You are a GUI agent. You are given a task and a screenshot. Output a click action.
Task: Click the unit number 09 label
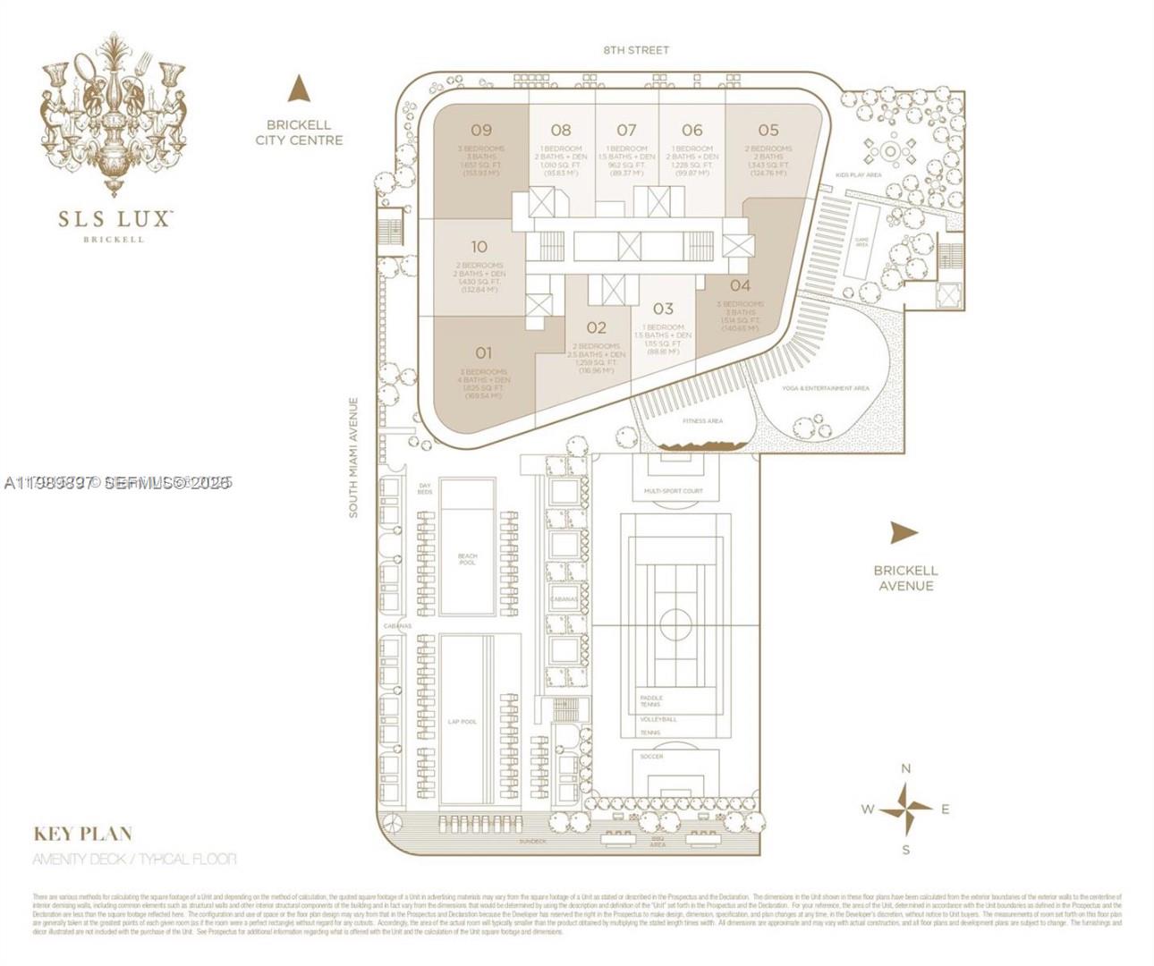(x=481, y=131)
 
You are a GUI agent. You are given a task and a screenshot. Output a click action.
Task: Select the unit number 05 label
(x=768, y=131)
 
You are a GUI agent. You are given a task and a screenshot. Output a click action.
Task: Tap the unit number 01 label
(x=483, y=353)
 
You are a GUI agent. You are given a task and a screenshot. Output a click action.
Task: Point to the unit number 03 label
(x=663, y=309)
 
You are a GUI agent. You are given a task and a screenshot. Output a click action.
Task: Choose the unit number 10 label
(x=479, y=247)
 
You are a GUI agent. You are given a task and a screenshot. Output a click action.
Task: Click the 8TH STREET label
(x=636, y=50)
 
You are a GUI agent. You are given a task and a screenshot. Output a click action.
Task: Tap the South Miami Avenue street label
(x=353, y=458)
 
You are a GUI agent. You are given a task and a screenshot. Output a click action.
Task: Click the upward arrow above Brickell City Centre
(x=299, y=89)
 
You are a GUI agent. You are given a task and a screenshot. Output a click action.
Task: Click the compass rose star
(x=905, y=809)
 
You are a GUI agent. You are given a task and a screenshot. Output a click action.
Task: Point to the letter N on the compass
(x=905, y=768)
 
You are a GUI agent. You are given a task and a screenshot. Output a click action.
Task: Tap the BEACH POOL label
(x=468, y=559)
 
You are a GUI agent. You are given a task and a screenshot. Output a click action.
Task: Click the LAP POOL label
(x=462, y=721)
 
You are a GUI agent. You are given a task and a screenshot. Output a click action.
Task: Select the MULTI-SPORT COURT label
(x=674, y=491)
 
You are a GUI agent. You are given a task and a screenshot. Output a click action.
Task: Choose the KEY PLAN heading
(x=82, y=834)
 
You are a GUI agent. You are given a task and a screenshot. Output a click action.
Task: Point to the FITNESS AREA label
(x=702, y=420)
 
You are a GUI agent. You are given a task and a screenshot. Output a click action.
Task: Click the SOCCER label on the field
(x=652, y=757)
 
